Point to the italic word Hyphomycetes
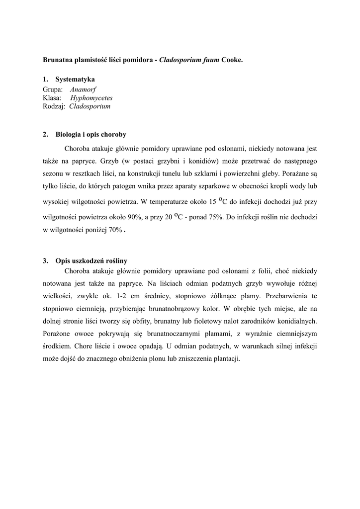(91, 97)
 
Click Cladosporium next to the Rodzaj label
(90, 106)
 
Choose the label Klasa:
(52, 97)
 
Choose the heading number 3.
(45, 260)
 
